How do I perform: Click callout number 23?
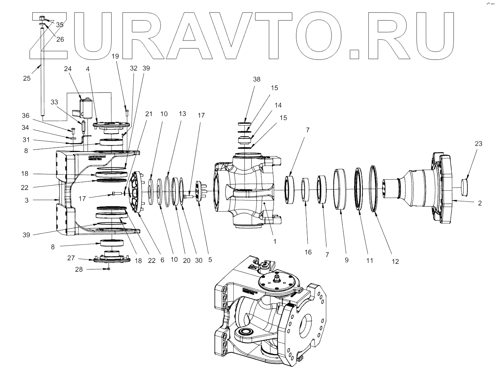click(x=478, y=144)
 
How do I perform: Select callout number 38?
click(x=257, y=79)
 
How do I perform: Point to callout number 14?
click(x=278, y=105)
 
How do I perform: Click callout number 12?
click(x=395, y=261)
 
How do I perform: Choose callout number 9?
click(x=346, y=260)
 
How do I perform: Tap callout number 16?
click(x=308, y=252)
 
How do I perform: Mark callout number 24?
click(x=68, y=68)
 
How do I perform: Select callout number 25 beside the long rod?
click(x=27, y=78)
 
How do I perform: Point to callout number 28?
click(x=79, y=270)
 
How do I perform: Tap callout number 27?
click(x=71, y=258)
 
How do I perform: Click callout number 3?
click(x=26, y=200)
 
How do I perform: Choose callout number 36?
click(x=25, y=116)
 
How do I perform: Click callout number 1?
click(x=275, y=242)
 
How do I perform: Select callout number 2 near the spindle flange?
click(x=480, y=203)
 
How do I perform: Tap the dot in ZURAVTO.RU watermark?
click(x=354, y=54)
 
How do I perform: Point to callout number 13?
click(x=183, y=114)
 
